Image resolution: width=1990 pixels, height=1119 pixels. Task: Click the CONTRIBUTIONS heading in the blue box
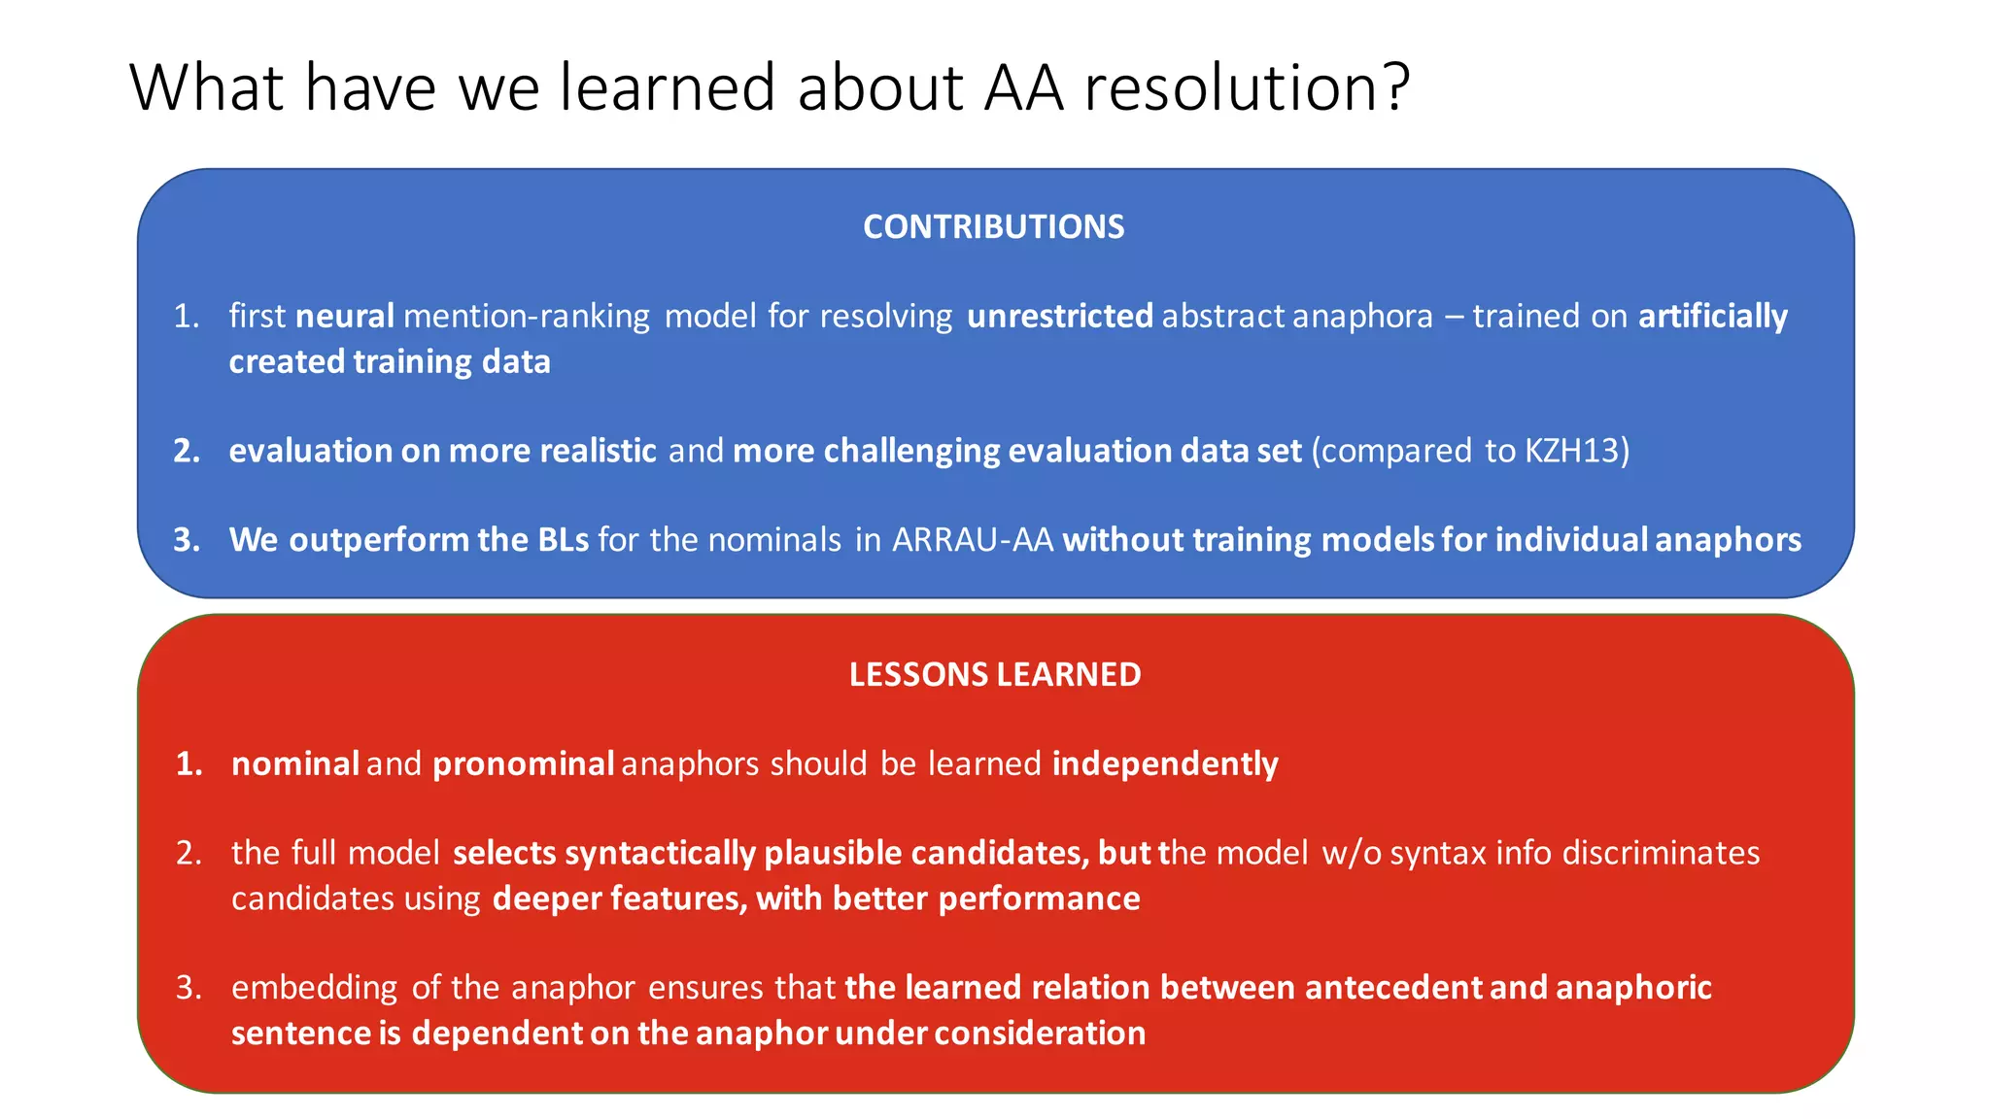[x=993, y=226]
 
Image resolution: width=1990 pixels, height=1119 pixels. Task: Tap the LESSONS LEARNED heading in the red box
[x=994, y=674]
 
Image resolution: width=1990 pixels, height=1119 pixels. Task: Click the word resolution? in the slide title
[x=1247, y=87]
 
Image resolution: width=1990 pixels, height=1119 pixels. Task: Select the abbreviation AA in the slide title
[x=1023, y=87]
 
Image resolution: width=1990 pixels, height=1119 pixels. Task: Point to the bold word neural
[x=344, y=316]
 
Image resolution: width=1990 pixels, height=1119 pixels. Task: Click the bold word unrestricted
[x=1059, y=316]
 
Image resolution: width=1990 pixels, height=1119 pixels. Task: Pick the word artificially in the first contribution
[x=1712, y=316]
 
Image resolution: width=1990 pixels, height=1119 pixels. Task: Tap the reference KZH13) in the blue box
[x=1577, y=451]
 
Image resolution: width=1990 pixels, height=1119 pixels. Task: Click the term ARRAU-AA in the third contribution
[x=973, y=539]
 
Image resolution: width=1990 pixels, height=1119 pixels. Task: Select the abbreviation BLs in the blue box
[x=563, y=539]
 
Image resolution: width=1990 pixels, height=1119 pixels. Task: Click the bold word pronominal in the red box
[x=523, y=763]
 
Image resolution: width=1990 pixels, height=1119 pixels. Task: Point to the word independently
[x=1164, y=763]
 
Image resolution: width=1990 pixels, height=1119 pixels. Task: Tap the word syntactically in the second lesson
[x=660, y=853]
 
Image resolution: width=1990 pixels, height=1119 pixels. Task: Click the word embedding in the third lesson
[x=314, y=988]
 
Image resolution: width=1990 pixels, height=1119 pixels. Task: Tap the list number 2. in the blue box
[x=187, y=451]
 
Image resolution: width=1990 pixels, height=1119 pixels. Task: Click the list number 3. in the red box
[x=189, y=988]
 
